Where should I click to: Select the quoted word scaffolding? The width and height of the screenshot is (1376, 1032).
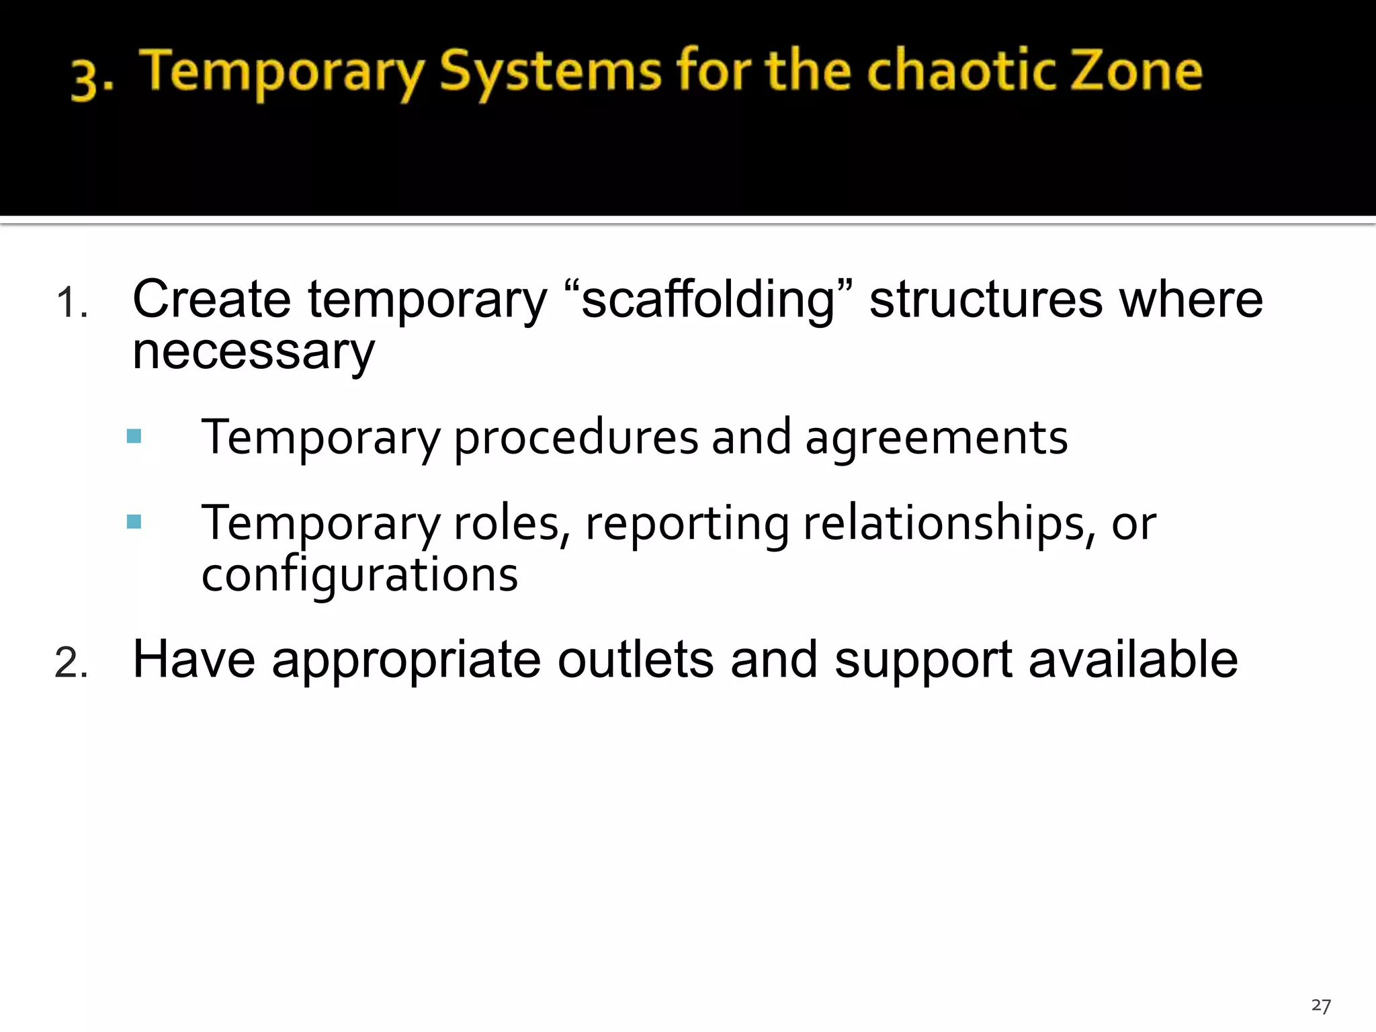click(708, 300)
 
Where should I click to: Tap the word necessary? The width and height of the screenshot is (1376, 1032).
click(253, 352)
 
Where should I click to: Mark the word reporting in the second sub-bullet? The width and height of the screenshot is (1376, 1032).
click(687, 524)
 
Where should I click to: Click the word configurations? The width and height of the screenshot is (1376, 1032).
click(359, 576)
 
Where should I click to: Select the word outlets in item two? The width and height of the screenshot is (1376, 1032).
click(636, 660)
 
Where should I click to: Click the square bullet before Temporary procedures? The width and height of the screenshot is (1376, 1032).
click(134, 437)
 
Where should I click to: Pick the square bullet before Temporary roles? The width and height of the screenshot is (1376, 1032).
click(134, 522)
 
